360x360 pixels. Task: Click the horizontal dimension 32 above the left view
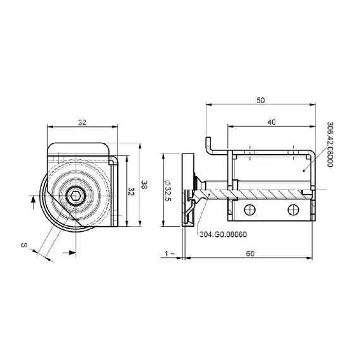pos(83,123)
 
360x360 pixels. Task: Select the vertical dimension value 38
pos(145,184)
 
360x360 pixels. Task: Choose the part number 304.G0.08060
pos(223,234)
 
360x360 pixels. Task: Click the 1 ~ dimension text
pos(169,253)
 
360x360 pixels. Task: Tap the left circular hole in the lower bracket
pos(252,209)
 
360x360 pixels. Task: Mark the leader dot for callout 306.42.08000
pos(303,169)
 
